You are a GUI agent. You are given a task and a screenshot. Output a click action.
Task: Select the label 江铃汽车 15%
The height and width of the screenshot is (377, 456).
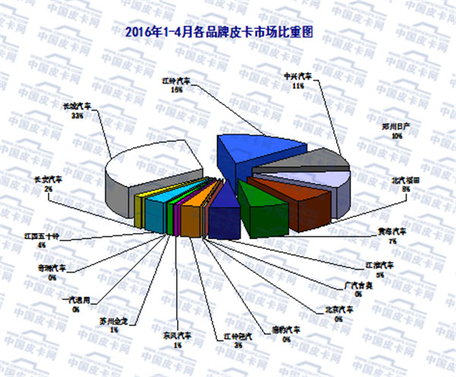[x=176, y=84]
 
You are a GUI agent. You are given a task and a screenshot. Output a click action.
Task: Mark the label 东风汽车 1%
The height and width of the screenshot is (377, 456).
[x=176, y=340]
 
